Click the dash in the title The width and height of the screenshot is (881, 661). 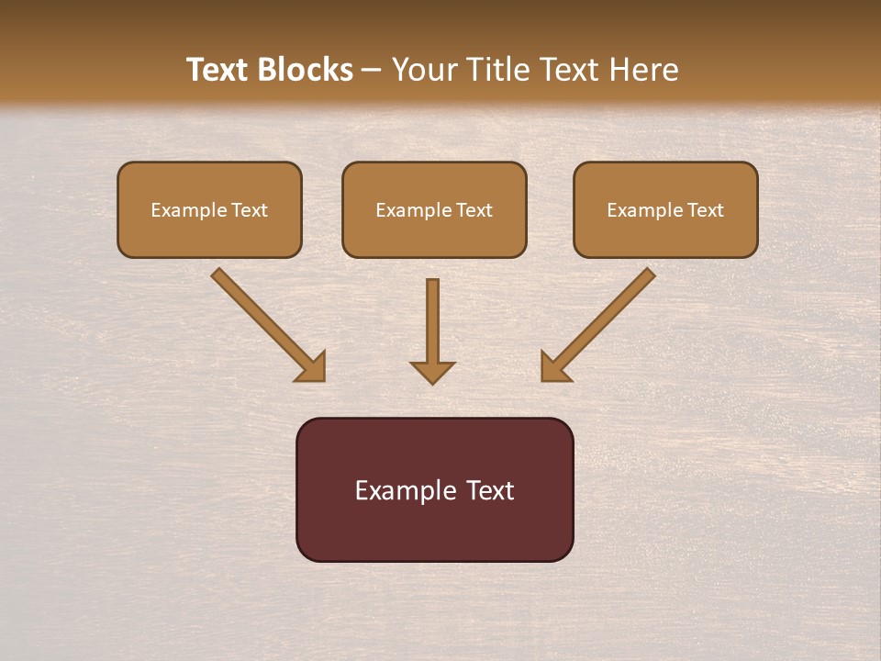[372, 71]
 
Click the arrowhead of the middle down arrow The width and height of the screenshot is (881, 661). [432, 372]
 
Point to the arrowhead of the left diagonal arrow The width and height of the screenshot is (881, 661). [313, 368]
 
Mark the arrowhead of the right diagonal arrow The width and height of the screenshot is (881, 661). [553, 368]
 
